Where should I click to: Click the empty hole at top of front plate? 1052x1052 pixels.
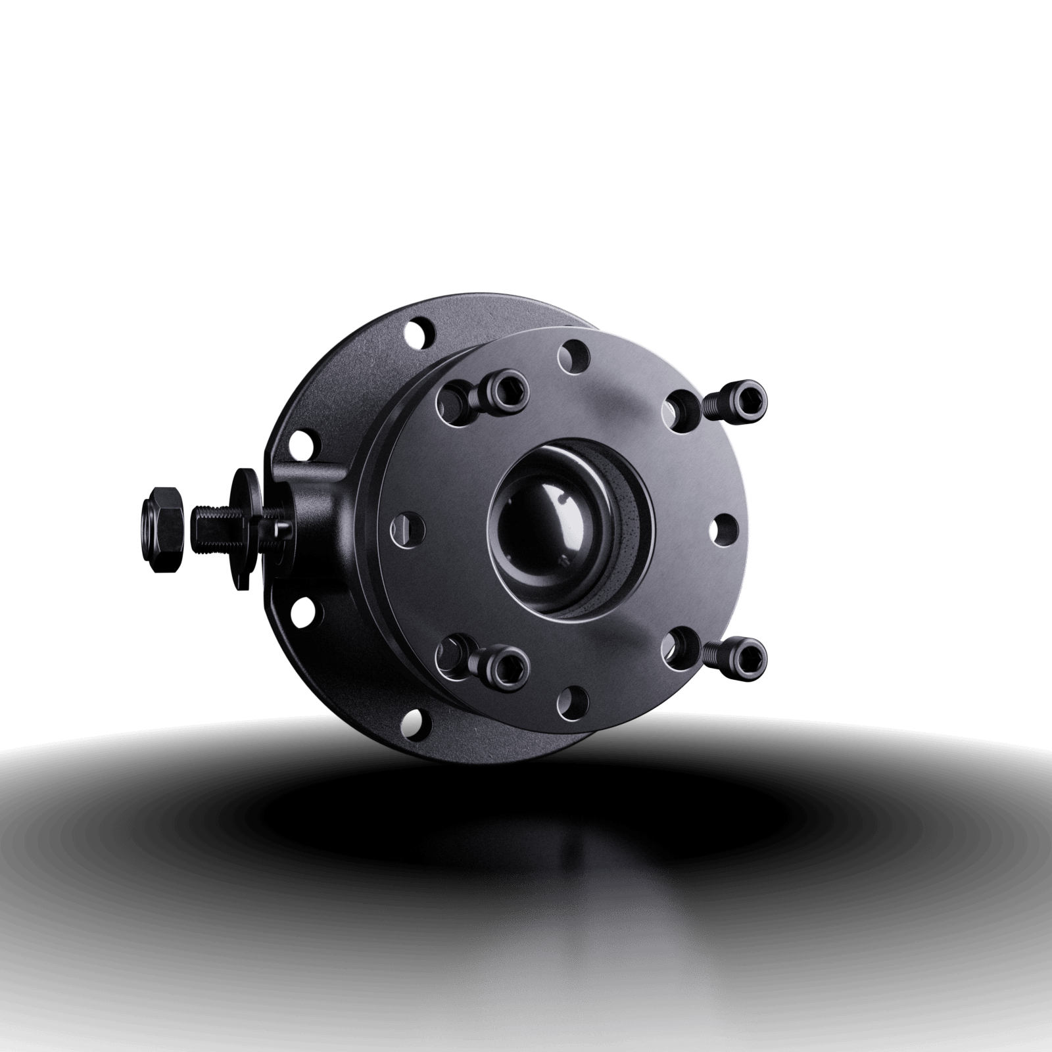tap(573, 355)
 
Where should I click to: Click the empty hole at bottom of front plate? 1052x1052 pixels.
tap(573, 702)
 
